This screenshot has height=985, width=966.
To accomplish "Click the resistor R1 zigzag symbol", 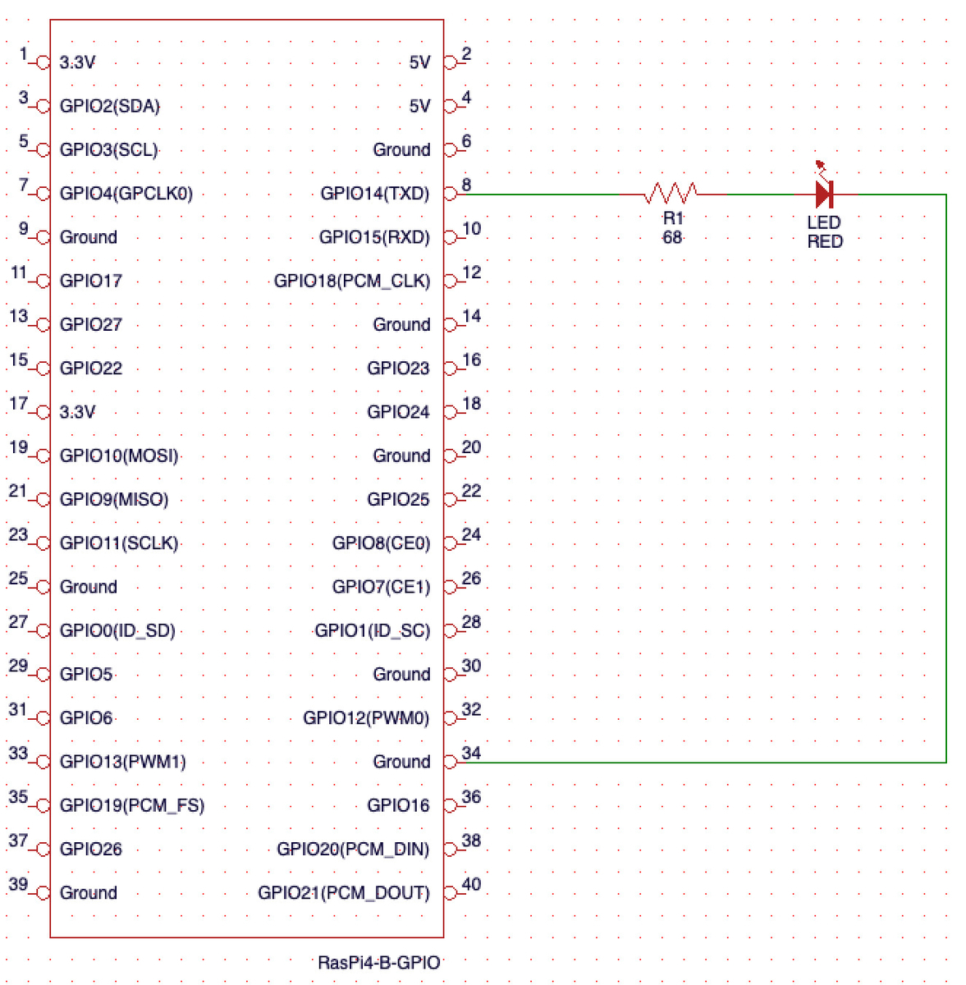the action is pos(670,193).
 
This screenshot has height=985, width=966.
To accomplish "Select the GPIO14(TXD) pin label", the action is pos(374,193).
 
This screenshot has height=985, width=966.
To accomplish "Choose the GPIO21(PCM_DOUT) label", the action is pos(343,891).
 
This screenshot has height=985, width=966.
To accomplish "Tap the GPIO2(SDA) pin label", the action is pos(109,106).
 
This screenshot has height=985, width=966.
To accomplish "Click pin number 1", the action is pos(23,53).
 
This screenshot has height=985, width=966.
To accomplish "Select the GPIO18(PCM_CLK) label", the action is pos(351,280).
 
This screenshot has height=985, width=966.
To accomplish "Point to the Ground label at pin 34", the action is pos(401,761).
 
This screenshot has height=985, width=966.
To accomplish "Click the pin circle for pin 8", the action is pos(449,194).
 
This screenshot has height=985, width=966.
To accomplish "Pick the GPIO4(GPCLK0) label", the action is pos(126,193).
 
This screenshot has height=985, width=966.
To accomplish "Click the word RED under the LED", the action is pos(823,241).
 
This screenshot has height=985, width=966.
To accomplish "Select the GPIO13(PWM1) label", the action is pos(122,761).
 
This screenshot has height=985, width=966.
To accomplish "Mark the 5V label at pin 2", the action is pos(419,62).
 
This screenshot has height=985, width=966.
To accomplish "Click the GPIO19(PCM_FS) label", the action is pos(131,804).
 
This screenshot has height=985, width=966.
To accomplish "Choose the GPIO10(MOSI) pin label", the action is pos(118,455).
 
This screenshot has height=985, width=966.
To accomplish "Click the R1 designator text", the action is pos(672,218).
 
